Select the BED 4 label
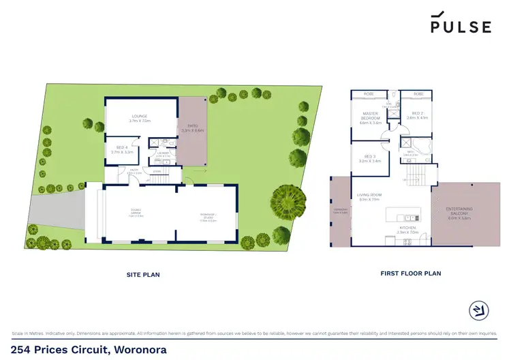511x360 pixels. coord(123,150)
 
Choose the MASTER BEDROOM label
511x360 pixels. coord(370,117)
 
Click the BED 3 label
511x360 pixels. coord(371,159)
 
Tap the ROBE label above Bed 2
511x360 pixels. coord(418,93)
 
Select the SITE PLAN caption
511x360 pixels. coord(144,275)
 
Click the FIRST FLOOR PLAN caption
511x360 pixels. coord(410,273)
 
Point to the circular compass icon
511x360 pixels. coord(480,311)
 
